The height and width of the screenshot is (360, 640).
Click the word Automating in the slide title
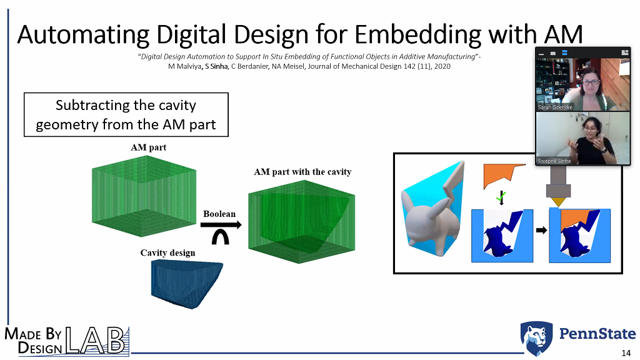pyautogui.click(x=83, y=35)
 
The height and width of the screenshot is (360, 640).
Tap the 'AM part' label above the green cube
pyautogui.click(x=149, y=147)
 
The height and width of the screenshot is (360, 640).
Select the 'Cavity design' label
pyautogui.click(x=167, y=253)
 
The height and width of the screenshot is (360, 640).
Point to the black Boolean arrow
pyautogui.click(x=221, y=224)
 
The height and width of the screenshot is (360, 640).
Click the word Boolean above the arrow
pyautogui.click(x=219, y=214)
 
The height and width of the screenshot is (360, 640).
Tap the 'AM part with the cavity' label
pyautogui.click(x=302, y=172)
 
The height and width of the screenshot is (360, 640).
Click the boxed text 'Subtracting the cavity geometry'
pyautogui.click(x=126, y=115)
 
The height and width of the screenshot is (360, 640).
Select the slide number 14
pyautogui.click(x=626, y=353)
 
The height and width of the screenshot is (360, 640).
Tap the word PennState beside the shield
pyautogui.click(x=597, y=334)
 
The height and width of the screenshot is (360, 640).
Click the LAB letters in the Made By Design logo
pyautogui.click(x=96, y=341)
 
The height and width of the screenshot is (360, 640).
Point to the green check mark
pyautogui.click(x=501, y=198)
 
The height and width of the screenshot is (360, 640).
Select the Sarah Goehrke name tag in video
pyautogui.click(x=555, y=107)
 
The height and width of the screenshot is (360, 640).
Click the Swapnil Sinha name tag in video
pyautogui.click(x=554, y=161)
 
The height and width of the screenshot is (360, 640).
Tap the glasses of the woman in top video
pyautogui.click(x=590, y=82)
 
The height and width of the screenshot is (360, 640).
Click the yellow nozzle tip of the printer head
pyautogui.click(x=558, y=202)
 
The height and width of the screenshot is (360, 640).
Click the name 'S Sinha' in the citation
pyautogui.click(x=216, y=66)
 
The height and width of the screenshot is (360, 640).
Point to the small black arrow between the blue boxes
pyautogui.click(x=541, y=230)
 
